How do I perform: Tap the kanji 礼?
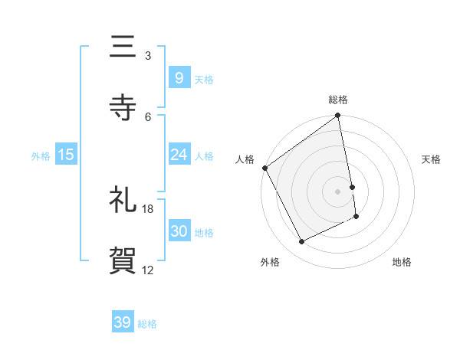pos(123,201)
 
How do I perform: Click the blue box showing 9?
pos(179,77)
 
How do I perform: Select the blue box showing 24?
pos(179,155)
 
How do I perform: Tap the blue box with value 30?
pos(179,231)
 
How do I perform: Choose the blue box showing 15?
pos(66,155)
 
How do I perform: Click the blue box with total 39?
pos(123,322)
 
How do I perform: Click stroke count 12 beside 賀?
pos(148,270)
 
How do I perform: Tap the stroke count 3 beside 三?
pos(148,56)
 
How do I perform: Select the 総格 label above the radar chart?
pos(338,100)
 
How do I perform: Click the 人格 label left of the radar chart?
pos(245,159)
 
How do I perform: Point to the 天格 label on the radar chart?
pos(431,159)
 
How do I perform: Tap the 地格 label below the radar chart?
pos(402,262)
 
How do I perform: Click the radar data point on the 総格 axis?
pos(338,116)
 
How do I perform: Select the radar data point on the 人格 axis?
pos(265,168)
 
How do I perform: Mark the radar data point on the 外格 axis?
pos(301,242)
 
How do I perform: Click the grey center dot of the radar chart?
pos(338,191)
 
